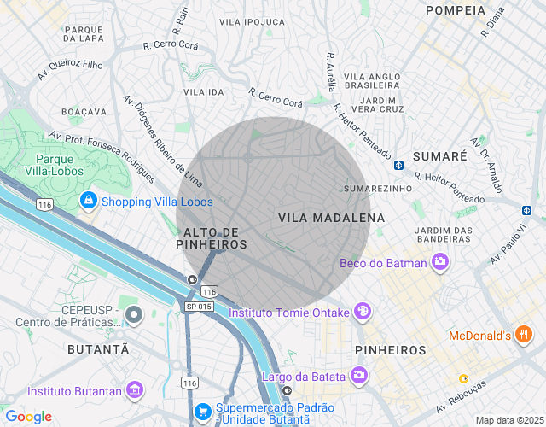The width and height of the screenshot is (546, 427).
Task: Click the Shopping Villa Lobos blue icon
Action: (88, 202)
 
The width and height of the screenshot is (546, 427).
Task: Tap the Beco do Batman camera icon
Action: (440, 263)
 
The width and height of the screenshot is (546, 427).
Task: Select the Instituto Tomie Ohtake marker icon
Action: (363, 313)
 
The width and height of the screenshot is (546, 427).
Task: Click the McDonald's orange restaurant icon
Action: (526, 336)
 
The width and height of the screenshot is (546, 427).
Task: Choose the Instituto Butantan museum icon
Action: (134, 391)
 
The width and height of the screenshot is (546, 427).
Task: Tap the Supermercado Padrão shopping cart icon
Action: (202, 412)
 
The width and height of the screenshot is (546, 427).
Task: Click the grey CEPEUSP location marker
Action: (133, 316)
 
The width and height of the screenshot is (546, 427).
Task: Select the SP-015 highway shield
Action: (199, 307)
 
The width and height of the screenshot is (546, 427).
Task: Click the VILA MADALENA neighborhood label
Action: (331, 219)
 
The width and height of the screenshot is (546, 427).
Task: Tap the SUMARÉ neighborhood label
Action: (439, 156)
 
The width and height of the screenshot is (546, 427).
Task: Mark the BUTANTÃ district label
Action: (99, 350)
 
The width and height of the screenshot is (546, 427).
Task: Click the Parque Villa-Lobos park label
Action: (60, 165)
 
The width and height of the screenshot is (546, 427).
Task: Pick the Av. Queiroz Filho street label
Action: (70, 70)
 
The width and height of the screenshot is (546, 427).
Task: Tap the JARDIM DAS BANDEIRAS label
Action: (443, 235)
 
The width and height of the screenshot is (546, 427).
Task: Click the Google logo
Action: (28, 417)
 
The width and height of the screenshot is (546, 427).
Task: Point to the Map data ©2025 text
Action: (508, 420)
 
